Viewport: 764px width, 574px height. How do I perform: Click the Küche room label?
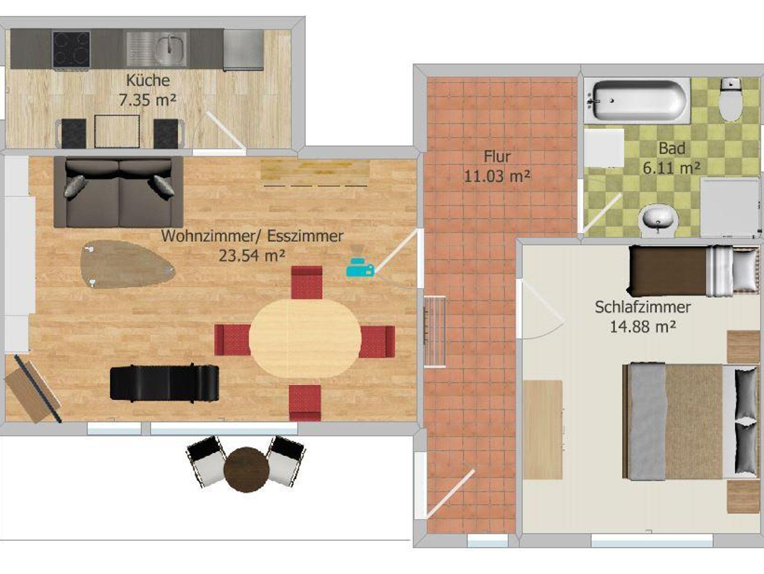(x=148, y=81)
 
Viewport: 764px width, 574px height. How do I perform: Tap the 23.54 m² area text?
(x=252, y=256)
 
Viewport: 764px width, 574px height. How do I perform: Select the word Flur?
(x=497, y=156)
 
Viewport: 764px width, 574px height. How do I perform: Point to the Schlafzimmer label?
(x=642, y=307)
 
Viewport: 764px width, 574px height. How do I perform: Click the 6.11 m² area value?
(x=671, y=168)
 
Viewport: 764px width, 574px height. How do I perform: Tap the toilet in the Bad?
(x=731, y=99)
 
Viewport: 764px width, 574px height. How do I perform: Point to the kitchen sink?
(x=156, y=49)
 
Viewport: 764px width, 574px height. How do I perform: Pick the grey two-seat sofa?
(x=119, y=192)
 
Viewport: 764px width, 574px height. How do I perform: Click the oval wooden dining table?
(x=305, y=338)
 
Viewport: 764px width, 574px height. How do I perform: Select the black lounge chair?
(x=165, y=383)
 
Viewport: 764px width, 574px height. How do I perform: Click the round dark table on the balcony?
(x=247, y=470)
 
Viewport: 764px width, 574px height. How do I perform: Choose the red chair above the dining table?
(x=307, y=282)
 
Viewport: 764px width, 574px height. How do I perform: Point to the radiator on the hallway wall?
(x=435, y=332)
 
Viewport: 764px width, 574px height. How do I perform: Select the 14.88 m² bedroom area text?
(x=642, y=327)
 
